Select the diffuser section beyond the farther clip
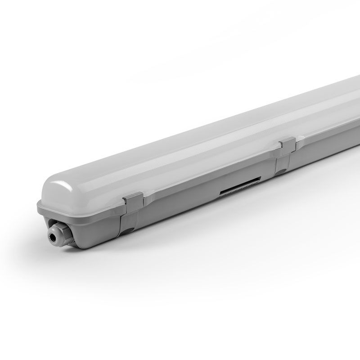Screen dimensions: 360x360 pyautogui.click(x=328, y=112)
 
